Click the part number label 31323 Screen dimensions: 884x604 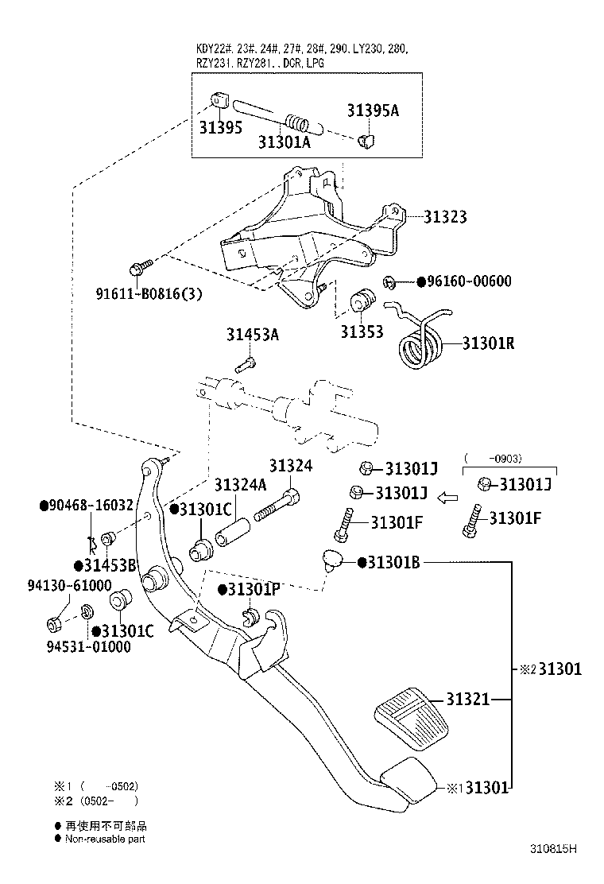[x=444, y=216]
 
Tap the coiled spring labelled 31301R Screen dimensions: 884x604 [x=418, y=347]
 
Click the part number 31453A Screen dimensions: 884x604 [x=253, y=335]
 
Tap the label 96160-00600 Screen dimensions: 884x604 [x=469, y=281]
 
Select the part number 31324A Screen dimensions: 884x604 [x=240, y=484]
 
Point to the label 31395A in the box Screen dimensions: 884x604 [x=372, y=110]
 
